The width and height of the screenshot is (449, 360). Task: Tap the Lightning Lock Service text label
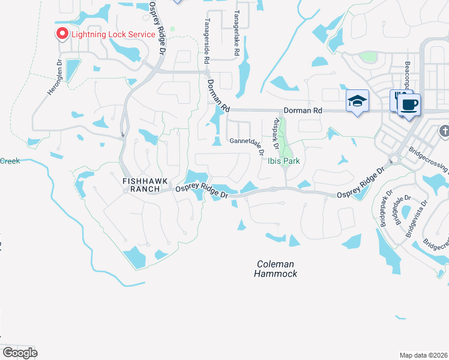click(x=113, y=34)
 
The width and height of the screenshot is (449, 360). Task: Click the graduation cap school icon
click(x=357, y=101)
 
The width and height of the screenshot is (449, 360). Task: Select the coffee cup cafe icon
click(x=409, y=104)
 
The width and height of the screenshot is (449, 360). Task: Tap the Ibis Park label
click(x=284, y=161)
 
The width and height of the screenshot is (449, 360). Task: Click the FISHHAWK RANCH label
click(x=142, y=184)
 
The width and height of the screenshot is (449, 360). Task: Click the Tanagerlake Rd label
click(x=236, y=34)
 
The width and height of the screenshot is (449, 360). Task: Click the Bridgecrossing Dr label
click(x=429, y=157)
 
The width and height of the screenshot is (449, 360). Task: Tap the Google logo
click(x=20, y=352)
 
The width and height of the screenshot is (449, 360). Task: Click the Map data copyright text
click(x=424, y=355)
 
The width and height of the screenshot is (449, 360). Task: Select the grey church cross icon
click(x=444, y=130)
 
